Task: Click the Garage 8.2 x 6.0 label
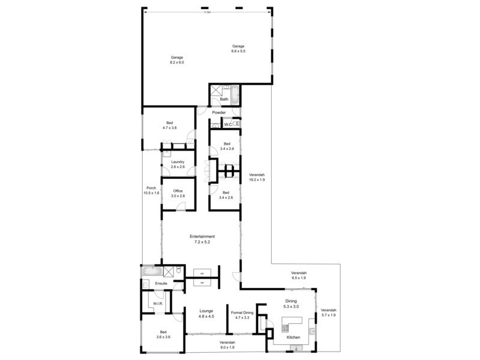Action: (176, 60)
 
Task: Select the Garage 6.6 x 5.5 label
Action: (239, 49)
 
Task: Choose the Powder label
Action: (218, 112)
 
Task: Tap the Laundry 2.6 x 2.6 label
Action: (178, 164)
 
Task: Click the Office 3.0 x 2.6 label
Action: (178, 194)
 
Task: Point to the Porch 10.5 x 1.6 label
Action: (151, 190)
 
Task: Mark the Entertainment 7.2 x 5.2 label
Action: (202, 239)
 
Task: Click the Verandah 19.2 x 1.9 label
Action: (257, 177)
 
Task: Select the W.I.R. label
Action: (158, 304)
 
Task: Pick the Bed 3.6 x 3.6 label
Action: (163, 335)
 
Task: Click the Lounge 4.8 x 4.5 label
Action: (206, 313)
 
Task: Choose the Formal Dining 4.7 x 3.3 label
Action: (242, 316)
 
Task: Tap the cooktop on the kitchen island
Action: (285, 328)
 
